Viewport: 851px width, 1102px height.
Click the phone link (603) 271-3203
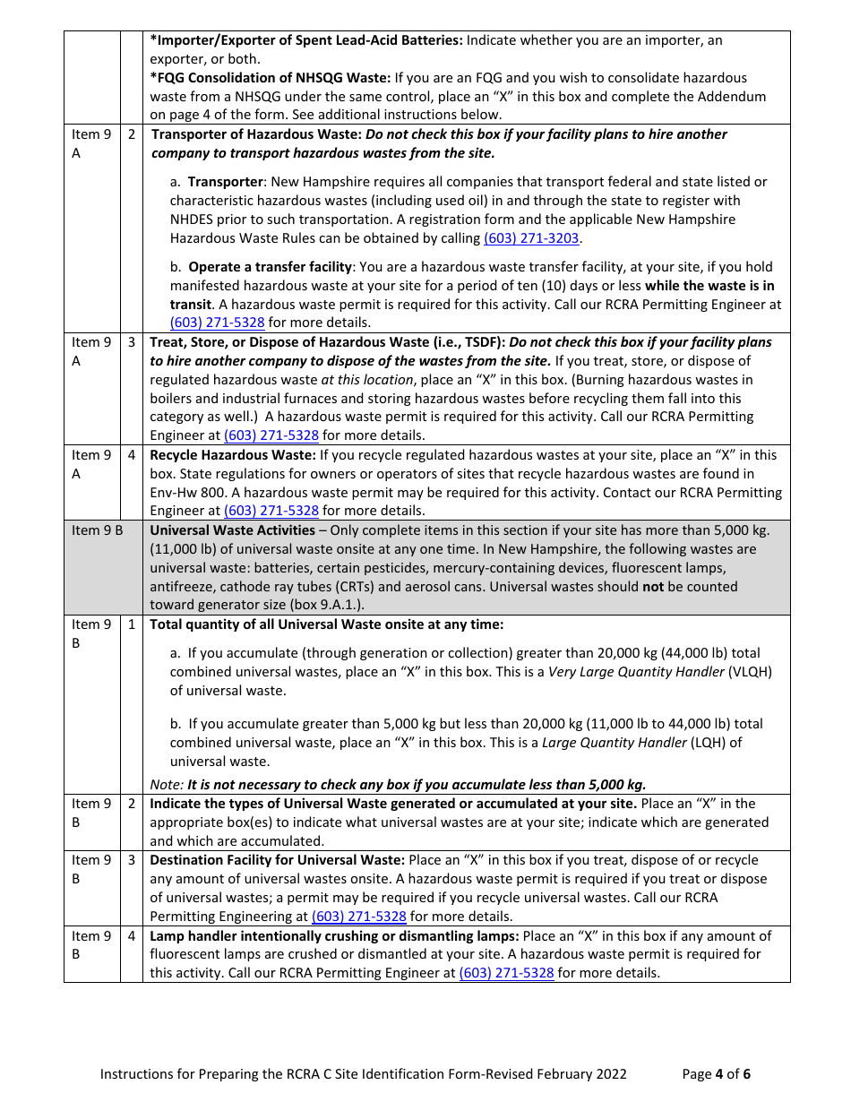531,238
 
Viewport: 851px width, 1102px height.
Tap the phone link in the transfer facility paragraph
217,323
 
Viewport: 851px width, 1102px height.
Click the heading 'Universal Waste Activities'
231,530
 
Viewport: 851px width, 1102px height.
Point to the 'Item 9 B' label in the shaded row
97,530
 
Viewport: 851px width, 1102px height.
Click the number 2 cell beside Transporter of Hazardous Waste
132,134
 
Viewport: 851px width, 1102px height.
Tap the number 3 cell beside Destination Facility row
132,860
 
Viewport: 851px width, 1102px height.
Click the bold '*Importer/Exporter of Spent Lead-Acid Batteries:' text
306,40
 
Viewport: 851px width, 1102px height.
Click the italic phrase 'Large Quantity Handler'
614,743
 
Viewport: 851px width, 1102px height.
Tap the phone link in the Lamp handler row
506,973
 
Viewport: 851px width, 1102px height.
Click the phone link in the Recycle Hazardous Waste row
271,511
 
